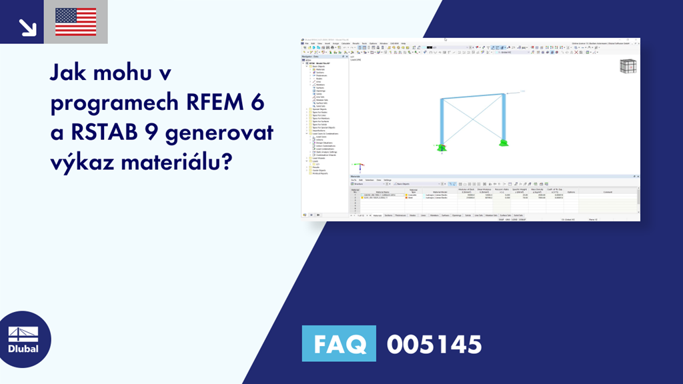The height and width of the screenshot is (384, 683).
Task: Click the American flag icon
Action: (x=75, y=22)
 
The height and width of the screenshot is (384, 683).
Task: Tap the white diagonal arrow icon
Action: (x=27, y=27)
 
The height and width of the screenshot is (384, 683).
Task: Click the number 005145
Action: (x=434, y=344)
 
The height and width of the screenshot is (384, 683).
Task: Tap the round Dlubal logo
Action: (x=23, y=340)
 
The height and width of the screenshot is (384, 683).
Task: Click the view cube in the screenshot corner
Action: (x=628, y=67)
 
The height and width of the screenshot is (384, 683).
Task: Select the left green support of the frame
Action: (x=440, y=147)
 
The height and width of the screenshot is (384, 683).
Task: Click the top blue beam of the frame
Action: (x=472, y=97)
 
